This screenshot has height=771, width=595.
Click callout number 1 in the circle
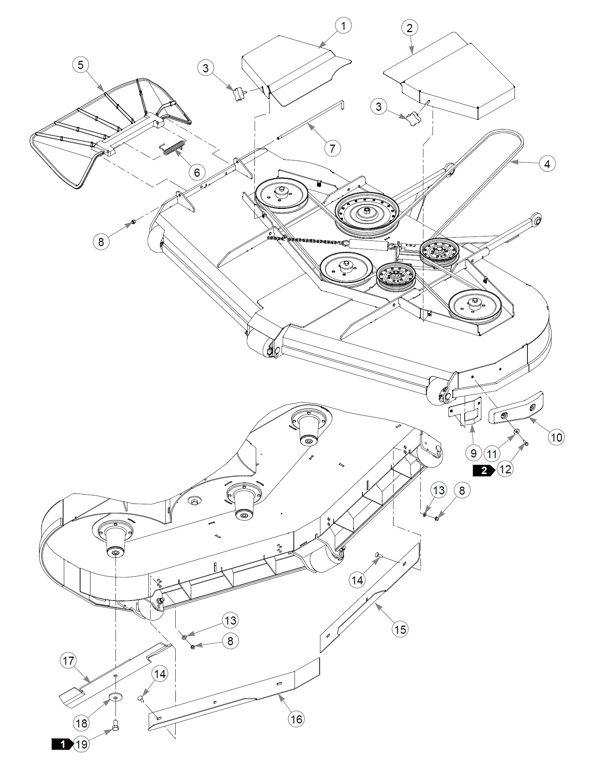click(x=343, y=26)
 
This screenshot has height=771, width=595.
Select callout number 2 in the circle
click(x=409, y=28)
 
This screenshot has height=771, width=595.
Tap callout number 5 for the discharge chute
click(x=80, y=65)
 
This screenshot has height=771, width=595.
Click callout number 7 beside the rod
click(x=333, y=148)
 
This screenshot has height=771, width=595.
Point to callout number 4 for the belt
click(x=547, y=164)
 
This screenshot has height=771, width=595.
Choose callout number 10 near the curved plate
click(x=556, y=438)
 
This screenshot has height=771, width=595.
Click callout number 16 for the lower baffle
click(x=296, y=719)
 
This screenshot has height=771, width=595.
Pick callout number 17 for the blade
click(x=68, y=660)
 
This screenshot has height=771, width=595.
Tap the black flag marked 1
click(x=63, y=744)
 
